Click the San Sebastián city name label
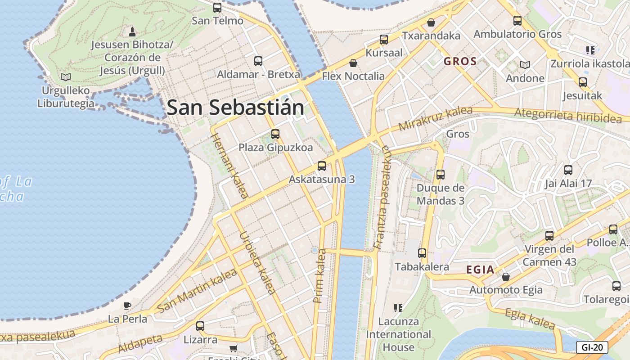click(235, 108)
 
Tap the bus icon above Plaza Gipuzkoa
click(275, 134)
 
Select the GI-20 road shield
click(592, 347)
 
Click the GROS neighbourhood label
click(460, 62)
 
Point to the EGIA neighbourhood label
click(480, 270)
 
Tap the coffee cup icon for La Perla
click(127, 306)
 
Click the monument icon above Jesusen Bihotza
click(132, 31)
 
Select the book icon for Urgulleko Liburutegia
click(66, 77)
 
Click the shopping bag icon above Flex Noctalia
click(353, 63)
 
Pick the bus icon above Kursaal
click(384, 40)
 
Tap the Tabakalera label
click(422, 267)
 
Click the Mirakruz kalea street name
click(435, 118)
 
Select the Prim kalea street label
click(319, 275)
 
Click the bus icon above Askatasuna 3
click(322, 166)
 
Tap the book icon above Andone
click(525, 65)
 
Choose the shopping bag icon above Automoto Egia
click(506, 276)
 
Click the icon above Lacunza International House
click(398, 308)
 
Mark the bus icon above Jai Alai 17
click(568, 170)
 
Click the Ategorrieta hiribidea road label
click(568, 115)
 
